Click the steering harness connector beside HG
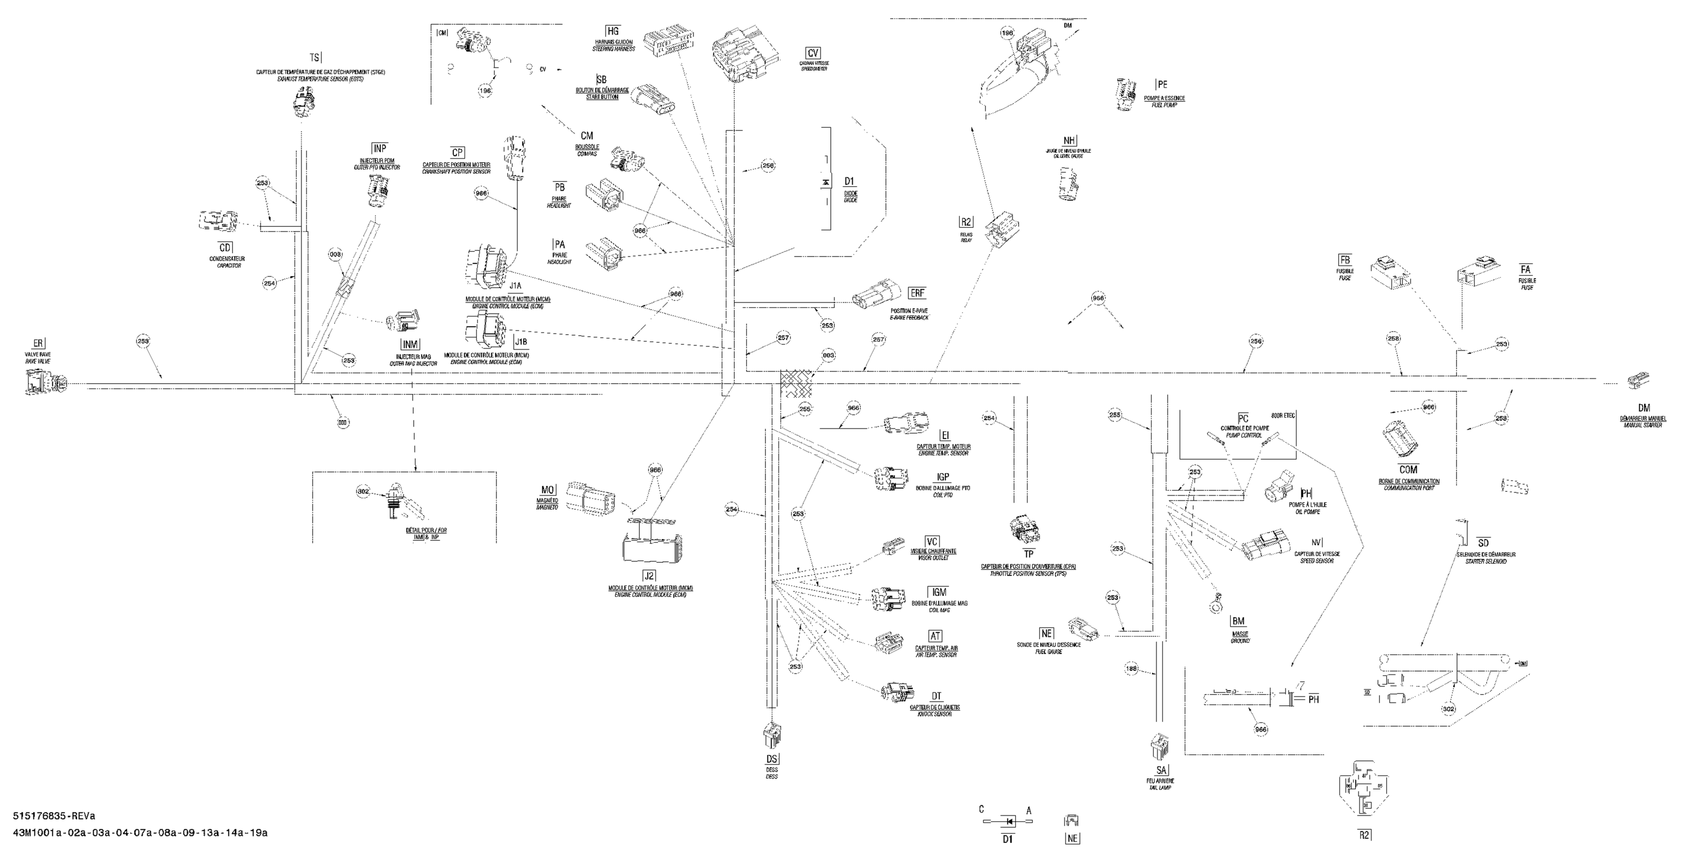[x=668, y=43]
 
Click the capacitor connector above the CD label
[x=218, y=222]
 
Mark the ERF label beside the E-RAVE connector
[x=917, y=293]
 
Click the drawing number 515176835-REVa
[x=54, y=816]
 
